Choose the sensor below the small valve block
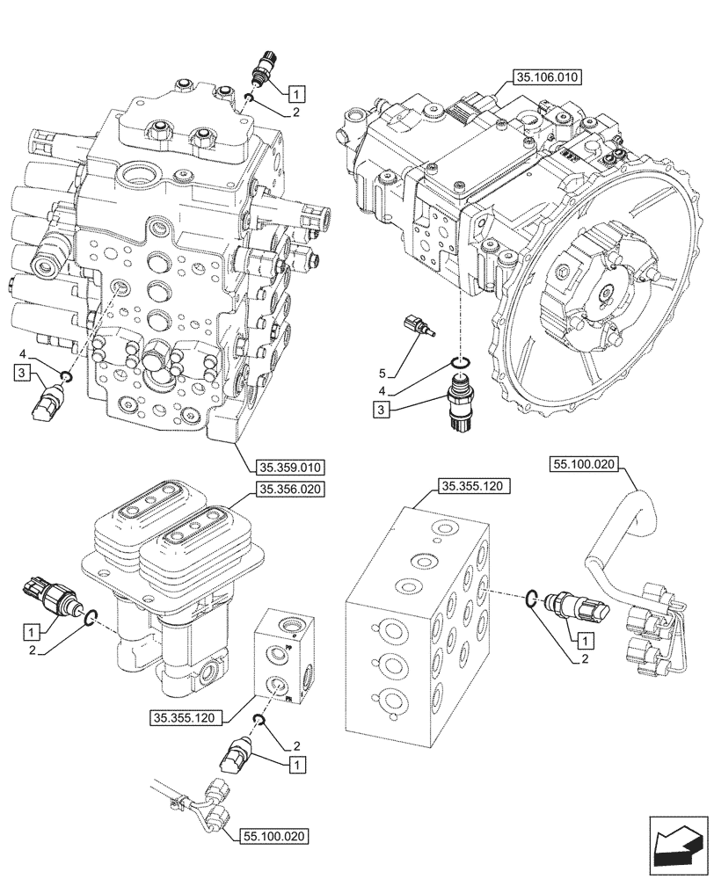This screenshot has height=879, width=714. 239,755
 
